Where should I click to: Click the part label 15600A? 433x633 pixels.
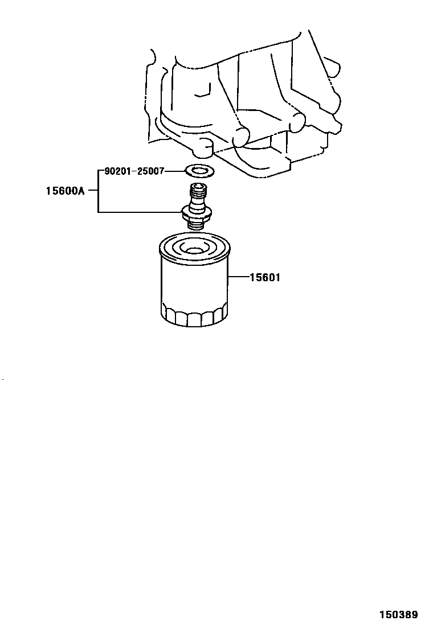pos(64,191)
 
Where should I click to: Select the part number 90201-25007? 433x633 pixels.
pos(134,171)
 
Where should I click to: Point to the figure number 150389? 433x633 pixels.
pos(399,615)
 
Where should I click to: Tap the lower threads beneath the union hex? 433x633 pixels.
pos(196,226)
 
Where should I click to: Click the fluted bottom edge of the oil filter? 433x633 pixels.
pos(194,319)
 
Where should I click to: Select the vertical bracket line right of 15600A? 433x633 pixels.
pos(98,191)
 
